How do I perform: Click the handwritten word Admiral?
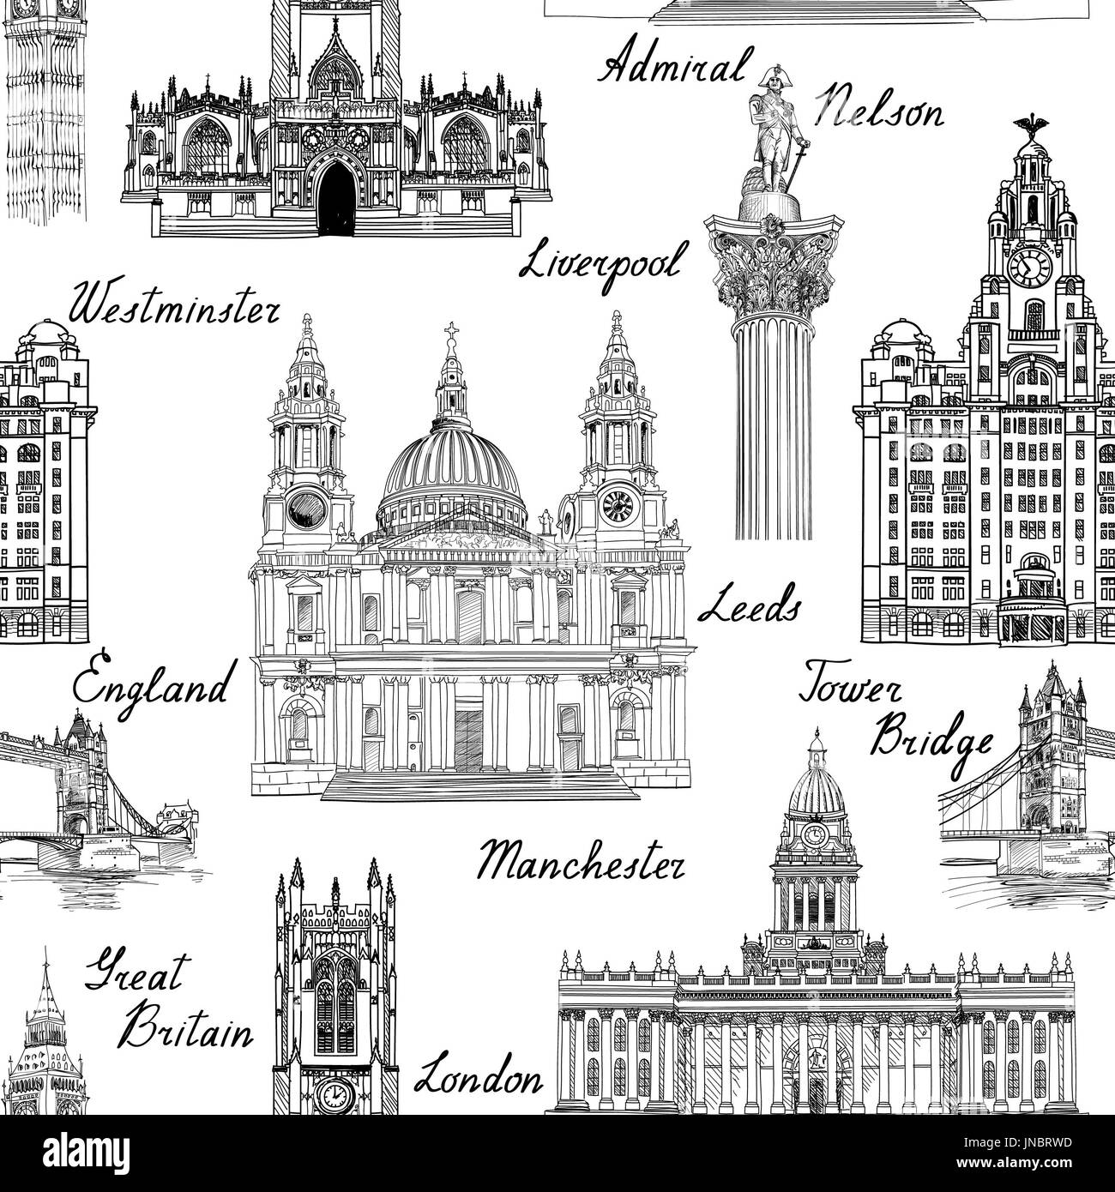[x=672, y=67]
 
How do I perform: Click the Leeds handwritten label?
[x=749, y=608]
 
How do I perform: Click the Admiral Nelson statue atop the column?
[x=776, y=129]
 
